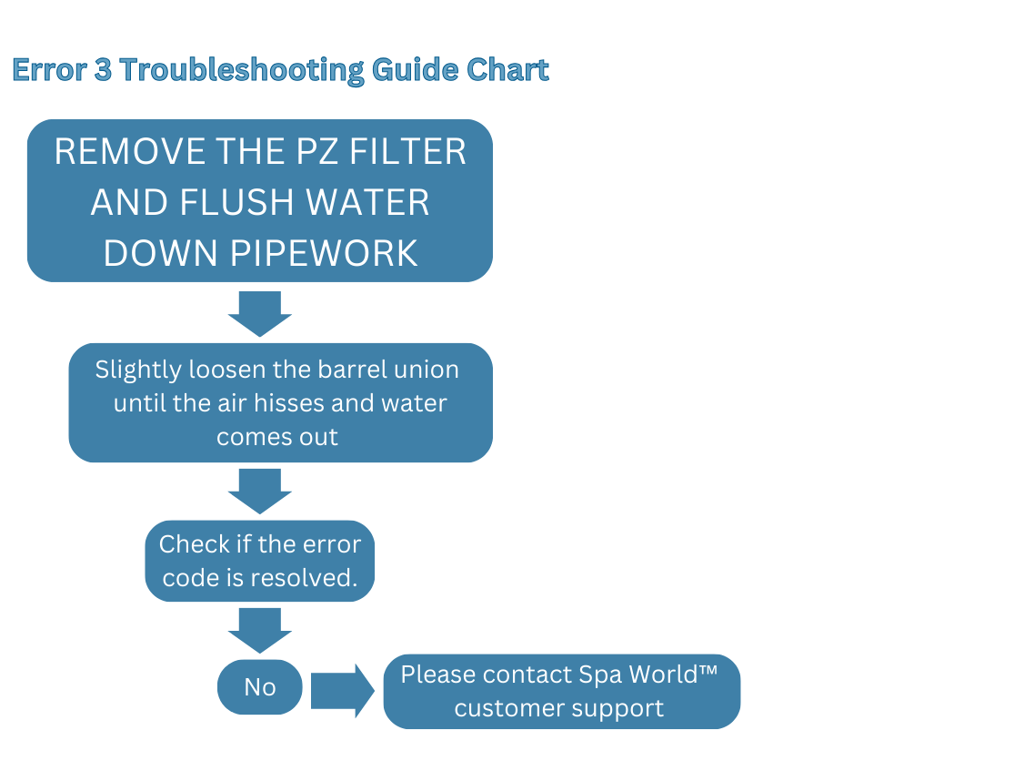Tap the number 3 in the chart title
click(x=103, y=70)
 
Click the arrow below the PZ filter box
click(x=259, y=313)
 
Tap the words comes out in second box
click(x=276, y=436)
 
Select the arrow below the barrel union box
click(x=259, y=491)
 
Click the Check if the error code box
click(x=260, y=561)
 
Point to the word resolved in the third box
click(x=303, y=578)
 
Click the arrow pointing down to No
click(x=259, y=629)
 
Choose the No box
click(x=259, y=687)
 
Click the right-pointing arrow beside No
click(x=341, y=691)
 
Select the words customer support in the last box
click(x=558, y=708)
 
